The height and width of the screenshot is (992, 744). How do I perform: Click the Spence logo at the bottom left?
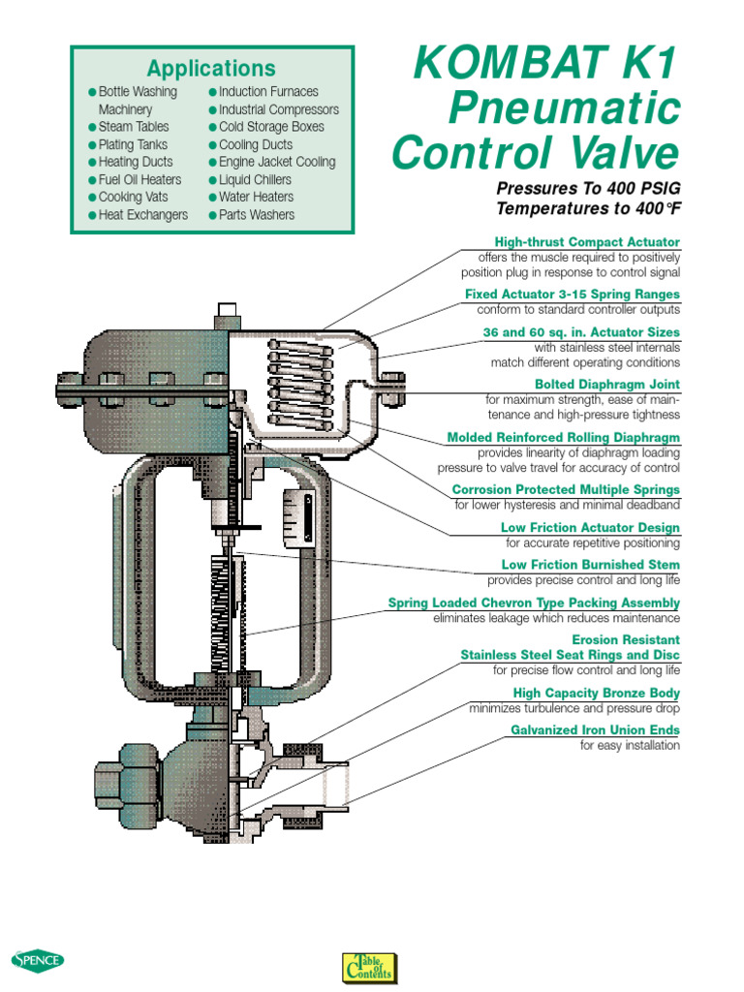[x=38, y=961]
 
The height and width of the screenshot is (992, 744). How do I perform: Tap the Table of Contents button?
[x=370, y=967]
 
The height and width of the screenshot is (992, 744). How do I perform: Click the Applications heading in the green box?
[x=211, y=69]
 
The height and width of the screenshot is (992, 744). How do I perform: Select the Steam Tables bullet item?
[x=133, y=127]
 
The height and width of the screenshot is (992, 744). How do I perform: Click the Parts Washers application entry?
[x=256, y=215]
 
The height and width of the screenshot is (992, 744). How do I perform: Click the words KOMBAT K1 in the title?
[x=547, y=66]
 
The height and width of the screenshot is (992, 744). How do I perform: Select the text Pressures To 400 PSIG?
[x=587, y=188]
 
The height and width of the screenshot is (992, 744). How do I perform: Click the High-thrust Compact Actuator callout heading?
[x=587, y=242]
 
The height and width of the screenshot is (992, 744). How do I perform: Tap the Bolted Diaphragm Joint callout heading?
[x=607, y=385]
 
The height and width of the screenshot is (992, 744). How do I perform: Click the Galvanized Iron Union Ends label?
[x=595, y=730]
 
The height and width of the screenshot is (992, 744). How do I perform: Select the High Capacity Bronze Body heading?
[x=596, y=694]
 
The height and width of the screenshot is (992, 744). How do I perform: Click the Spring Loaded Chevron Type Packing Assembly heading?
[x=534, y=604]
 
